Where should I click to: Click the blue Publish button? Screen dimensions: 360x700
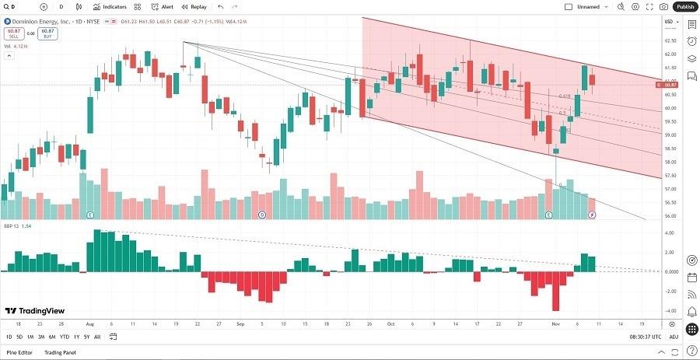tap(685, 6)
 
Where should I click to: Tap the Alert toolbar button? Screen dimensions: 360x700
tap(163, 6)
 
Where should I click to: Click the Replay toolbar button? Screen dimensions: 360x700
tap(194, 6)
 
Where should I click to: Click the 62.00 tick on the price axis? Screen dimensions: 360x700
tap(670, 54)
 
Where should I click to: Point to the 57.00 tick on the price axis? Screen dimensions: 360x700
tap(670, 189)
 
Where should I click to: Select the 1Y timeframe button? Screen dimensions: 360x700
tap(76, 337)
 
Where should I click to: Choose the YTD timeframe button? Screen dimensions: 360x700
tap(64, 337)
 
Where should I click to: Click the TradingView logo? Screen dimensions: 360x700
tap(34, 310)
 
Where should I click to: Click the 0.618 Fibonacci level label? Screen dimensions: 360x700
tap(565, 96)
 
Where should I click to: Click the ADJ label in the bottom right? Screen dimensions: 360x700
tap(674, 337)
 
